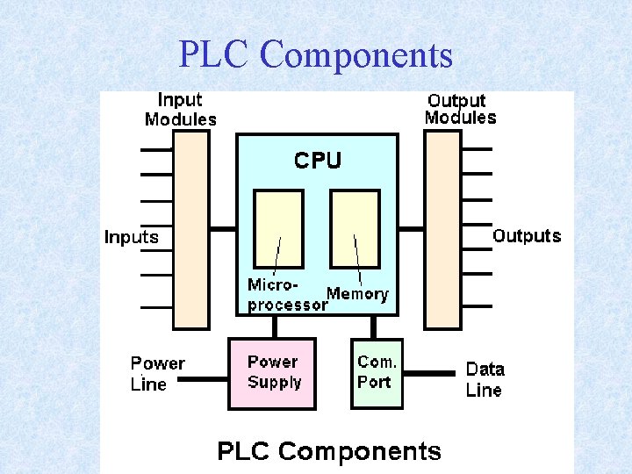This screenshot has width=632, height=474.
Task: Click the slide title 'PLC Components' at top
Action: [x=316, y=54]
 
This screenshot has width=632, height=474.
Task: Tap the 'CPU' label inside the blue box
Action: [x=317, y=161]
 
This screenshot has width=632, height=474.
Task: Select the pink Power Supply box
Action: [x=272, y=374]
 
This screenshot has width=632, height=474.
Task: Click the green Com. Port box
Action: [x=377, y=374]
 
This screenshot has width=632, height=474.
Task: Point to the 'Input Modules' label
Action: [x=180, y=110]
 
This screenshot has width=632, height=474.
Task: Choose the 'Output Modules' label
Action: [x=460, y=109]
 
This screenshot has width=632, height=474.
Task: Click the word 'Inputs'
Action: [x=132, y=237]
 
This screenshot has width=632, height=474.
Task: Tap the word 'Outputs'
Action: [x=527, y=235]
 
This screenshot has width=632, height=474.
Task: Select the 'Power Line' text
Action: [x=157, y=373]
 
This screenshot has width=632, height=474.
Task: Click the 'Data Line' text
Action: [x=485, y=379]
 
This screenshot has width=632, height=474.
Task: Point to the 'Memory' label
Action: [x=357, y=294]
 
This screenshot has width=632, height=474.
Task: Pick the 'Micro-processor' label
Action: [x=285, y=296]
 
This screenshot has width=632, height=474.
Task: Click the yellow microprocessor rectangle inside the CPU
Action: [x=278, y=229]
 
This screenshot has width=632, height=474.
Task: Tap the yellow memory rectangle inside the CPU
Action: [x=355, y=229]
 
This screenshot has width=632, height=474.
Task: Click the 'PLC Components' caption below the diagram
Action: [x=329, y=451]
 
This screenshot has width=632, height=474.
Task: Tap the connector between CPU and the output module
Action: [x=411, y=229]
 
